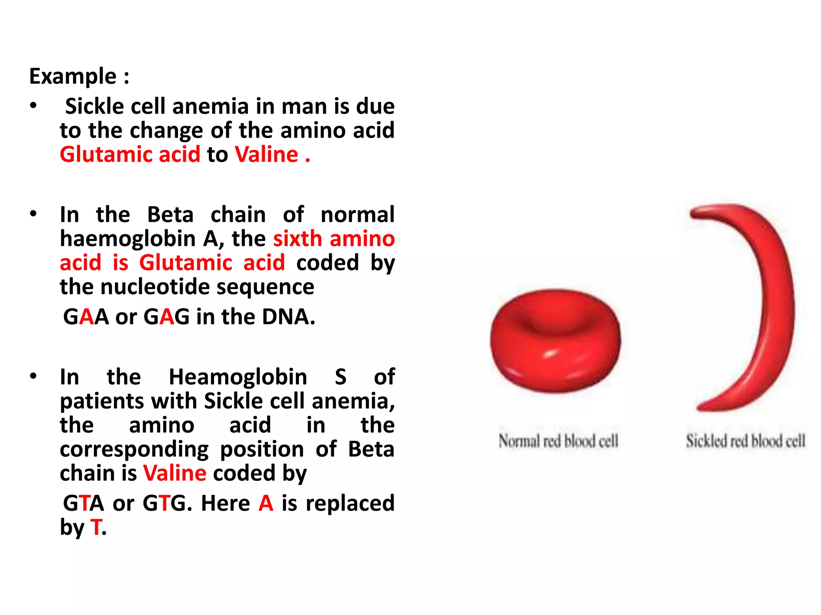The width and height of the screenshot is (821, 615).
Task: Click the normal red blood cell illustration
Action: point(556,340)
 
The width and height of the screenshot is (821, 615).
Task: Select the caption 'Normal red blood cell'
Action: point(558,441)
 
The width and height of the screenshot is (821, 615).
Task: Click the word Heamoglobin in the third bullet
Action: point(238,377)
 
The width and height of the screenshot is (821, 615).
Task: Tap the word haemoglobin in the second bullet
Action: point(127,239)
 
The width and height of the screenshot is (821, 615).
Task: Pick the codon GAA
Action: point(86,317)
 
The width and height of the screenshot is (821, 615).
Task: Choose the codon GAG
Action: point(166,317)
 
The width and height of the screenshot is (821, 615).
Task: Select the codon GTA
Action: point(83,503)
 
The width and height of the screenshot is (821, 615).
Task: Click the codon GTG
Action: point(164,503)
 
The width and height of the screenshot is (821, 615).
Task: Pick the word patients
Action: point(102,402)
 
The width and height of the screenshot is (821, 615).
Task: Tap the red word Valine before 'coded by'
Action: point(175,474)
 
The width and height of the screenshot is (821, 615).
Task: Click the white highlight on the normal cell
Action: point(550,354)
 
